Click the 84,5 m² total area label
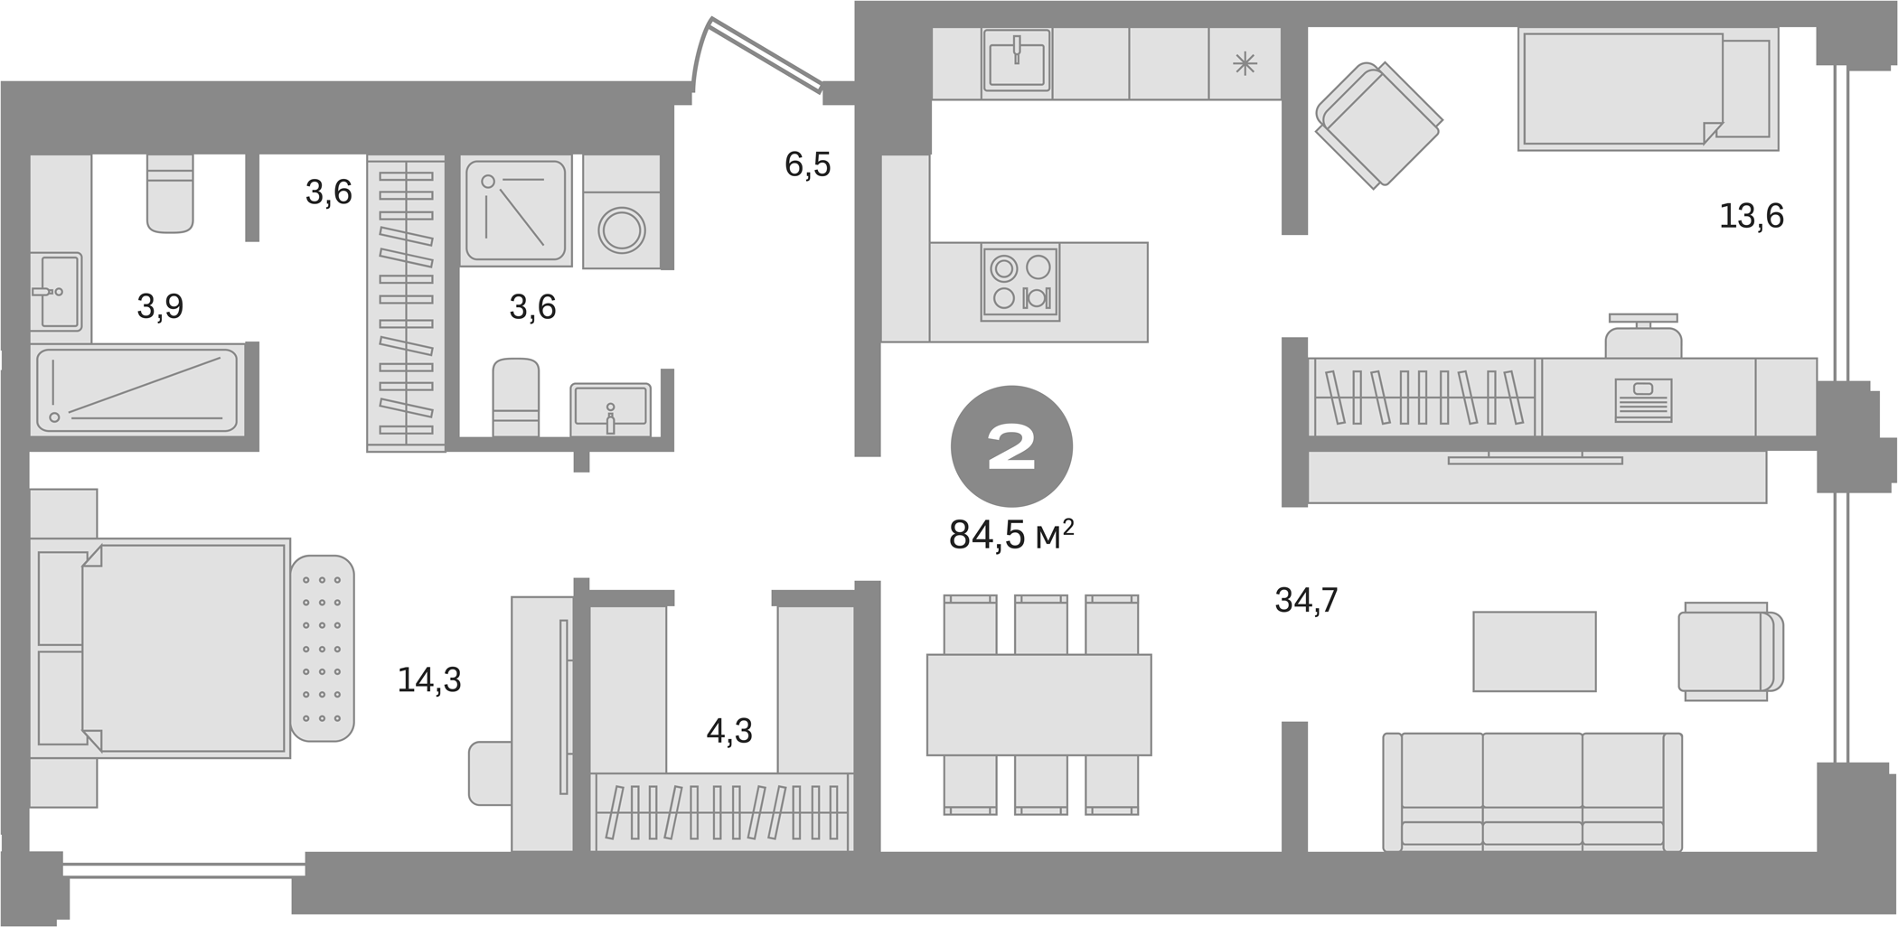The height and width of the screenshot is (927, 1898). (x=1010, y=535)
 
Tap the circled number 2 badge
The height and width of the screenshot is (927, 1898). (x=1011, y=446)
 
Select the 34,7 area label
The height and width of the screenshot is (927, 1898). (x=1306, y=600)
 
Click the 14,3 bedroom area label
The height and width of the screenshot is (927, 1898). (x=429, y=680)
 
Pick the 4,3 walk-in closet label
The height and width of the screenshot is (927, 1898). (x=728, y=731)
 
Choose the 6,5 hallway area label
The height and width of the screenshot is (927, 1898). (x=807, y=165)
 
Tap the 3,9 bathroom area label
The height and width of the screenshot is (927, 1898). (x=160, y=307)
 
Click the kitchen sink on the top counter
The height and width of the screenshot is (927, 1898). (x=1018, y=61)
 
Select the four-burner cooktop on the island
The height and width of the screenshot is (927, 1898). (x=1020, y=283)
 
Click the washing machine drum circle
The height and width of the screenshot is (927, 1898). (x=621, y=230)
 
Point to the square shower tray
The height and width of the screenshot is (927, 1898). (x=515, y=211)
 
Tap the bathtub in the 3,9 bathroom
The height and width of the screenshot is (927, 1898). (x=136, y=389)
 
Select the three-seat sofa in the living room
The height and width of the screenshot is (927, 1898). (x=1532, y=791)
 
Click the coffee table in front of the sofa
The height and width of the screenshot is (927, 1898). (x=1534, y=651)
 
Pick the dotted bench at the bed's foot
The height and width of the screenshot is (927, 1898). (x=323, y=648)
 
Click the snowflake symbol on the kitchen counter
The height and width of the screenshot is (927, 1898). (x=1245, y=63)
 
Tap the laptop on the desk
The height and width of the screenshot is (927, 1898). (x=1642, y=399)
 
